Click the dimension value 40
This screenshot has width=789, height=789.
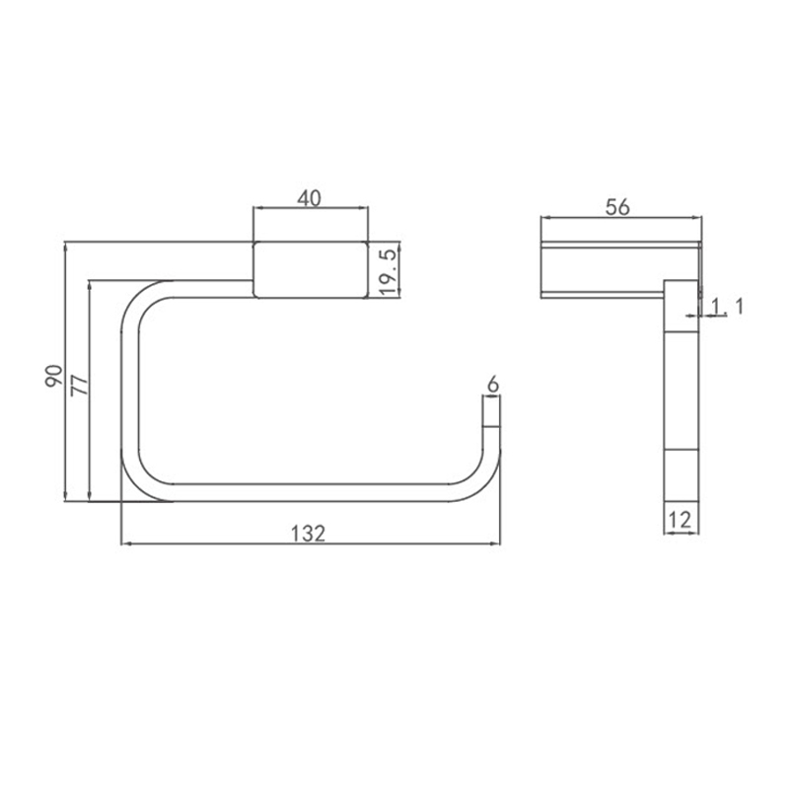point(309,199)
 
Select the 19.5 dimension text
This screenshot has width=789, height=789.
point(388,272)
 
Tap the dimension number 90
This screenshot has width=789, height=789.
point(54,376)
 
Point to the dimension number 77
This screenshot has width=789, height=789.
point(80,385)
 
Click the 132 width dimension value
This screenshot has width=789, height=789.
point(309,534)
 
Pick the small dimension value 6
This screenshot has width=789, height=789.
point(493,385)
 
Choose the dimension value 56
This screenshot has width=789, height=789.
point(617,207)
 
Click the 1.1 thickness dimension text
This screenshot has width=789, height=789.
point(727,306)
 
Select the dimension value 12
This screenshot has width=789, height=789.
point(680,520)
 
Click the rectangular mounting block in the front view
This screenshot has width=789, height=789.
point(311,269)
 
